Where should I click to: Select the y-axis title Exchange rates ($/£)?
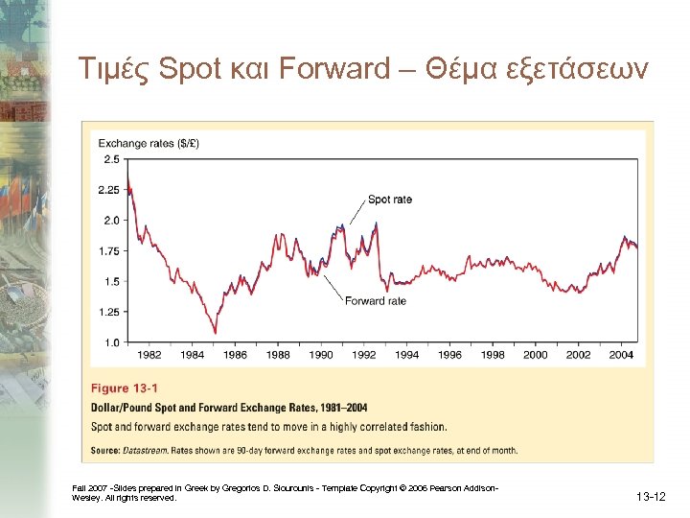[149, 144]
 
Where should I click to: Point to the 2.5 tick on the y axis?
[111, 159]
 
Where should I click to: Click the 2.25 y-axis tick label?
[108, 190]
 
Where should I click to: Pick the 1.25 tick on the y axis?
[108, 312]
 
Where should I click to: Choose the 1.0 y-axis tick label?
[111, 342]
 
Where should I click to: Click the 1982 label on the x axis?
[149, 355]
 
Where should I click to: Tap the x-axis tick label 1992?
[364, 355]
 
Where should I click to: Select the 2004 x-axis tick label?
[621, 355]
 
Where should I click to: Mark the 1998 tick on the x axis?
[493, 355]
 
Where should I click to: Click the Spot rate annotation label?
[390, 200]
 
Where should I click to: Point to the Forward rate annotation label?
[375, 301]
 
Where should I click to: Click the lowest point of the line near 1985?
[215, 333]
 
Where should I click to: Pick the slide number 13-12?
[651, 496]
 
